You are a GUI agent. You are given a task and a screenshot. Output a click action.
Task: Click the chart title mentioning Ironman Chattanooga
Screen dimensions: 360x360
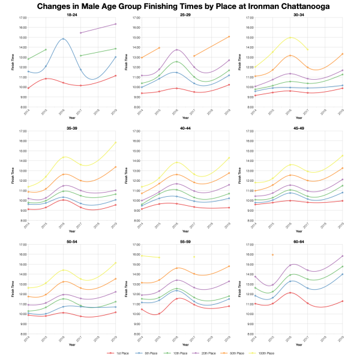(180, 7)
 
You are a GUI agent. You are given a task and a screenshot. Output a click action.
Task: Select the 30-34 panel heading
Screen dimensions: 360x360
(296, 14)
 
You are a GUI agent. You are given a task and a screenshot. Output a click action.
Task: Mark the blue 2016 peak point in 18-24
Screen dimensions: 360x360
(63, 39)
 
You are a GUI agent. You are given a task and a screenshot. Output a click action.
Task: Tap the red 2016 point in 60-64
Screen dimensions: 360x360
(290, 293)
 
